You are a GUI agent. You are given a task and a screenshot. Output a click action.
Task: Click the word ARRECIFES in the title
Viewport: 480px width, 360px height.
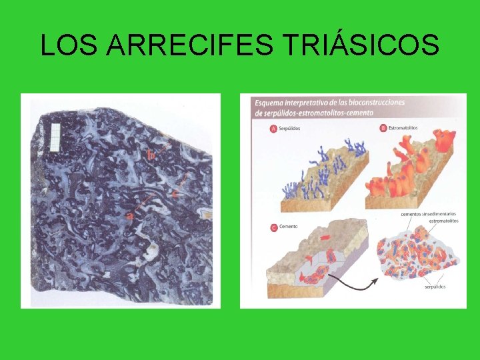tap(190, 45)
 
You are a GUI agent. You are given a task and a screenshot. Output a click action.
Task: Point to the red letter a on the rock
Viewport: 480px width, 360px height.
tap(131, 215)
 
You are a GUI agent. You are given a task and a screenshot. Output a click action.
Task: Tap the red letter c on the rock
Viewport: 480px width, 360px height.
tap(175, 193)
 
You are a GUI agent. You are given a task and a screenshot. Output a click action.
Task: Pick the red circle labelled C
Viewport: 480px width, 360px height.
tap(274, 227)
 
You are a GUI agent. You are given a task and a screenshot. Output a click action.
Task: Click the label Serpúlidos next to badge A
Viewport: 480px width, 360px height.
tap(294, 128)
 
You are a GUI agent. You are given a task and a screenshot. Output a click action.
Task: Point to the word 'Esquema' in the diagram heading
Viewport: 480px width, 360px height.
tap(273, 103)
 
